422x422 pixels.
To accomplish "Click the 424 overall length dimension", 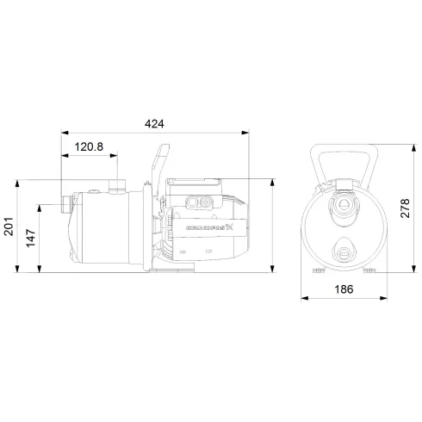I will click(153, 124).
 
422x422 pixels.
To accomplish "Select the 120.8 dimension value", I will click(90, 148).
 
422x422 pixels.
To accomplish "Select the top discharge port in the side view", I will click(118, 184).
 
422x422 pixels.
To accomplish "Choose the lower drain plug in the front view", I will click(344, 254).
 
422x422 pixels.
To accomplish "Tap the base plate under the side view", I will click(172, 271).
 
